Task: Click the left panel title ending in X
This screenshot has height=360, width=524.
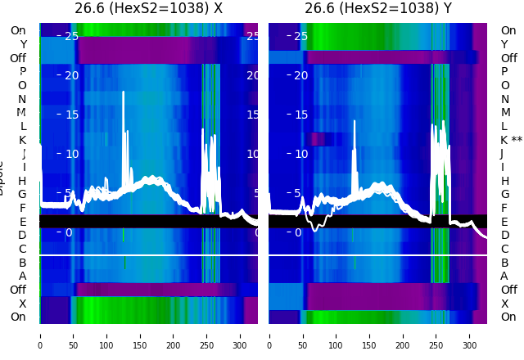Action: click(148, 9)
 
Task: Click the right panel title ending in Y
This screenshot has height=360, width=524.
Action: click(377, 9)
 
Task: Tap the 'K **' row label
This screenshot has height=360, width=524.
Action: click(511, 140)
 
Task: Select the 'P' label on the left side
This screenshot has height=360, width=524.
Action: click(23, 72)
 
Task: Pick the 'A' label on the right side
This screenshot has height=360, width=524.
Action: click(504, 276)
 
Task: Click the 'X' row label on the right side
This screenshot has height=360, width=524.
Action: click(504, 304)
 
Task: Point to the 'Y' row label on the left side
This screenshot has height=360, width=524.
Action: click(23, 44)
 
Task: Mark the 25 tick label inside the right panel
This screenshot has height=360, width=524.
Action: click(300, 36)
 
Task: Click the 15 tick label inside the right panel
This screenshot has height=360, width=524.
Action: click(300, 115)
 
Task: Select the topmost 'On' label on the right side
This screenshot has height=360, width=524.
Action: click(508, 30)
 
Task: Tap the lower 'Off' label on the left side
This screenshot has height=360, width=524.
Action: click(18, 290)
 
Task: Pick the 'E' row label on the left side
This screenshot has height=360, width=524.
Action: click(23, 222)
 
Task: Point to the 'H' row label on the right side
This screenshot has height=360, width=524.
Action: click(504, 181)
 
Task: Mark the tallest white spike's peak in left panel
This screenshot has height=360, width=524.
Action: click(124, 92)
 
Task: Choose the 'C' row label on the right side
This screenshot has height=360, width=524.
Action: click(504, 249)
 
